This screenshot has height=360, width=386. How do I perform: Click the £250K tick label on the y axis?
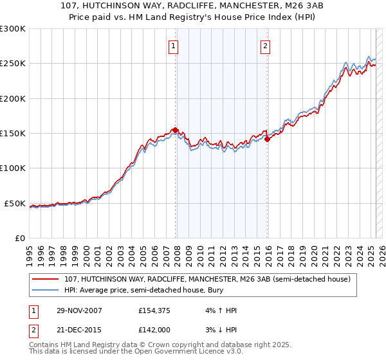pyautogui.click(x=12, y=64)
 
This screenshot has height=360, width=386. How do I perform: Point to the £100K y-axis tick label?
pyautogui.click(x=12, y=168)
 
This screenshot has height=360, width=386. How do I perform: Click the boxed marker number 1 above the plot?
pyautogui.click(x=174, y=46)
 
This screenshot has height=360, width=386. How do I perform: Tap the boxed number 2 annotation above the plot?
pyautogui.click(x=265, y=46)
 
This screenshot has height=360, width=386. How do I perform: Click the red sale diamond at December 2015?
pyautogui.click(x=267, y=139)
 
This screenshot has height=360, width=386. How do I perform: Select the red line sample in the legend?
pyautogui.click(x=46, y=280)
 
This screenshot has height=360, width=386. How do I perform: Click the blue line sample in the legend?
pyautogui.click(x=46, y=291)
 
